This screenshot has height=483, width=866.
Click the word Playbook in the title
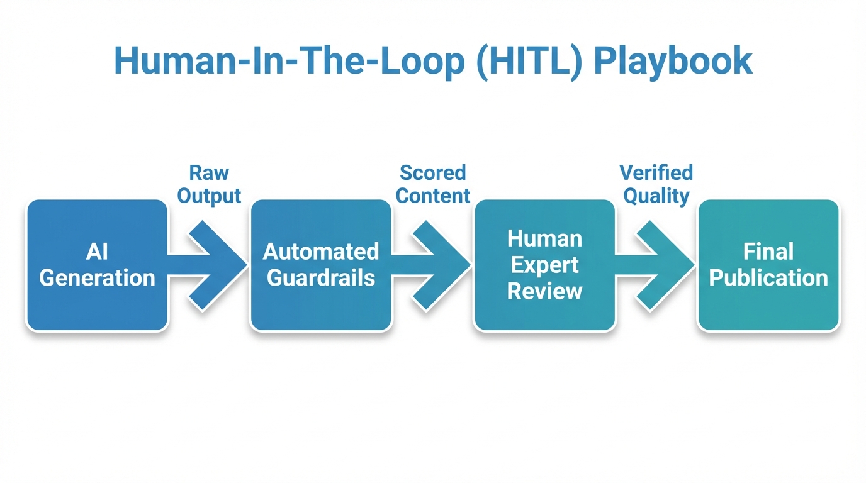(673, 61)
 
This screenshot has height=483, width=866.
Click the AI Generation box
(97, 265)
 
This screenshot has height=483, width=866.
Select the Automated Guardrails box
(321, 265)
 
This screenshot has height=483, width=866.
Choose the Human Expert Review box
(544, 265)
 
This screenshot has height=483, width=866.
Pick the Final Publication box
(768, 265)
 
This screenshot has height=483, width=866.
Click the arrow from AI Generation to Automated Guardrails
(211, 265)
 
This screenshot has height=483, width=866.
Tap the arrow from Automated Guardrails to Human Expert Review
(434, 265)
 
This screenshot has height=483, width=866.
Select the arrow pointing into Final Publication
(658, 265)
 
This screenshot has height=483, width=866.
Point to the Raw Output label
(209, 184)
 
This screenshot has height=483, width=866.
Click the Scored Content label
(433, 184)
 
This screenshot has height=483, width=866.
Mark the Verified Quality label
(656, 184)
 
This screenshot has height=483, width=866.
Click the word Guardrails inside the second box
(321, 278)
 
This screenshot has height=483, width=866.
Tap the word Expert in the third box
(544, 265)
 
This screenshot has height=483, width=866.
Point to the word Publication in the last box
(768, 278)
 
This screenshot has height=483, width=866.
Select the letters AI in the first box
(97, 252)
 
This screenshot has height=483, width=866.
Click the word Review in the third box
(544, 291)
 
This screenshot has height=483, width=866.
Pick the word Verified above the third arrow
(656, 172)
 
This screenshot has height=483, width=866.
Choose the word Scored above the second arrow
(433, 172)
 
